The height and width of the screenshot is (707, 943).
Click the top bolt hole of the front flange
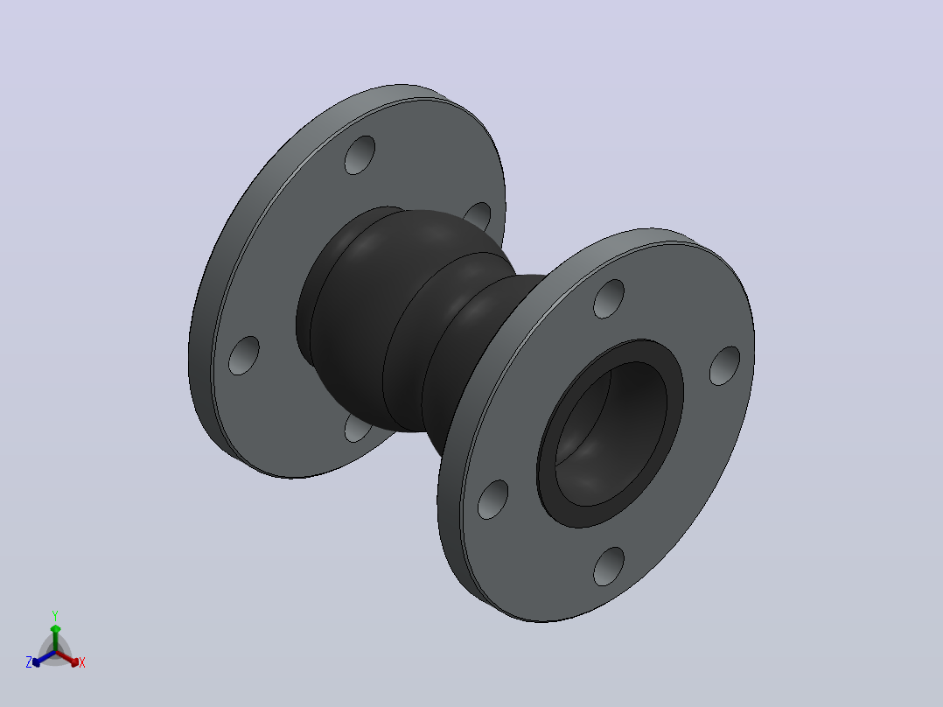pos(609,299)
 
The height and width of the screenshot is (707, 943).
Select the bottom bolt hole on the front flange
pos(609,566)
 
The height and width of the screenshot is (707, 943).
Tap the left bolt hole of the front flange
pos(492,500)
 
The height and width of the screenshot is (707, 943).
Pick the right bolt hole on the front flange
pos(724,366)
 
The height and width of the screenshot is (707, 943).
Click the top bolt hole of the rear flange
pos(360,155)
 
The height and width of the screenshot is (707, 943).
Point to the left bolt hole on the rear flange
pos(243,355)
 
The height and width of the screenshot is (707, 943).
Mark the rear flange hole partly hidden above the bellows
pos(479,215)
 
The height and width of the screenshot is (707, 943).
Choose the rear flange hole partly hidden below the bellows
pos(356,429)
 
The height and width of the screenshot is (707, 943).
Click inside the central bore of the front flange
pos(611,433)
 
